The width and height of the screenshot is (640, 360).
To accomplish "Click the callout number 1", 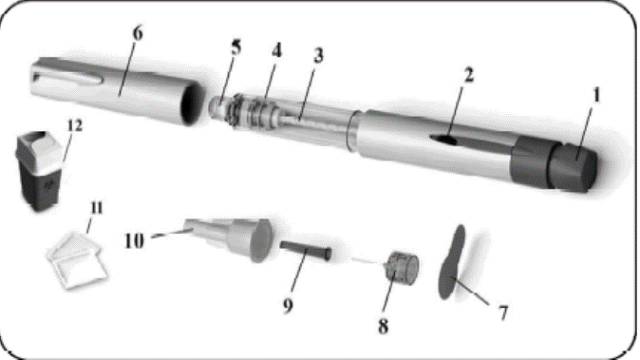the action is click(596, 96).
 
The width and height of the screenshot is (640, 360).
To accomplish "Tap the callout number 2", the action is click(468, 75).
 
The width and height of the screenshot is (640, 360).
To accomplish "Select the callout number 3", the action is click(318, 55).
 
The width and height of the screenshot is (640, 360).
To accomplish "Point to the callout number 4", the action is click(276, 51).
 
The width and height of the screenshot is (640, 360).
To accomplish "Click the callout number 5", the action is click(235, 47).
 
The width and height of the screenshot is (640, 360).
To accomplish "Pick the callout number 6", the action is click(138, 33).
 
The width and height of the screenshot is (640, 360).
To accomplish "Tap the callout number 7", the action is click(503, 313).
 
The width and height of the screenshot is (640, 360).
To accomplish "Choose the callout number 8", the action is click(383, 326).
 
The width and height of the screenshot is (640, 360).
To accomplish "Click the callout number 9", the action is click(288, 305).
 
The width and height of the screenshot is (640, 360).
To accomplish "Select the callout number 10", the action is click(134, 241).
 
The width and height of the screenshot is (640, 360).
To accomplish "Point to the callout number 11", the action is click(96, 208).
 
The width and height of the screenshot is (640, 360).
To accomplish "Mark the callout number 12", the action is click(74, 125).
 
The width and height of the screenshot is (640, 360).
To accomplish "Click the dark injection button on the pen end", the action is click(572, 167).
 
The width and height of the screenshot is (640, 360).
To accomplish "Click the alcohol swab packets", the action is click(77, 260).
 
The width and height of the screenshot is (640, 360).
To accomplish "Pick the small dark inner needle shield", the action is click(306, 250).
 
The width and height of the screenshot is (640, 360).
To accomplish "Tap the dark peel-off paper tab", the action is click(451, 261).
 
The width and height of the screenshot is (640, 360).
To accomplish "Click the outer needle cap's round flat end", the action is click(261, 241).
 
